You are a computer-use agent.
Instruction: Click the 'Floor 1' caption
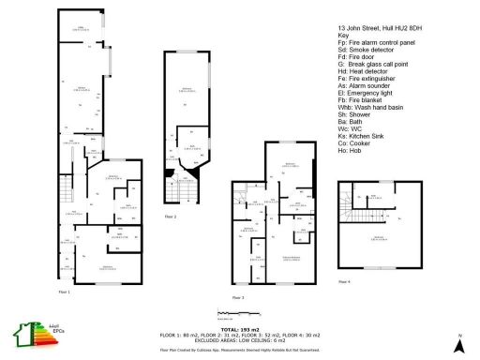(x=64, y=292)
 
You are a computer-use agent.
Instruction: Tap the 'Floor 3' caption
(x=238, y=297)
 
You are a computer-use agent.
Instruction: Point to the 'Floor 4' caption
(x=343, y=280)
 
